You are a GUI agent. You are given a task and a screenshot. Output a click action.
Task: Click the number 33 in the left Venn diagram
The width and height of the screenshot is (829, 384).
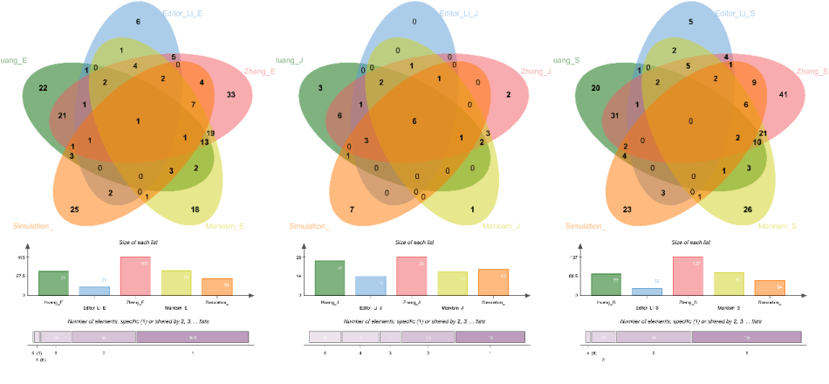click(230, 94)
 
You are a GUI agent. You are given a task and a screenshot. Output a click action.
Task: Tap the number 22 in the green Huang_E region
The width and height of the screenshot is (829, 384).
click(42, 89)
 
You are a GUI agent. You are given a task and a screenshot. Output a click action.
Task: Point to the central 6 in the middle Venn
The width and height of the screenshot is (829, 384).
click(414, 120)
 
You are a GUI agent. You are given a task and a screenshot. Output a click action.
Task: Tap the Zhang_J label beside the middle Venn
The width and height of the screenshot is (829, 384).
click(536, 71)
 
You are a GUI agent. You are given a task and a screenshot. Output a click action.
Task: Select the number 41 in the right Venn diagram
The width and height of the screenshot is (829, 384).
click(783, 94)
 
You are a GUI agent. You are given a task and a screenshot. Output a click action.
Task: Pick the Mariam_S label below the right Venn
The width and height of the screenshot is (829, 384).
click(777, 227)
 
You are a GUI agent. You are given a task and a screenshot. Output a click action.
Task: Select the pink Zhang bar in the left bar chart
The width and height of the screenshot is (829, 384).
click(135, 276)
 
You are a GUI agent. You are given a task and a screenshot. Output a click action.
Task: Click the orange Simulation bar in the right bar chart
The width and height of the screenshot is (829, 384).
click(769, 287)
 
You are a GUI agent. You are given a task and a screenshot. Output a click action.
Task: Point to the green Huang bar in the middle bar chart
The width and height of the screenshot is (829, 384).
click(330, 278)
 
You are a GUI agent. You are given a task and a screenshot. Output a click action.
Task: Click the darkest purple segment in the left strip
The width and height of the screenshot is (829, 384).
click(192, 337)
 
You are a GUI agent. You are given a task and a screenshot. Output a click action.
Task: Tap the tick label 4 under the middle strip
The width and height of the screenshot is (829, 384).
click(360, 353)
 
